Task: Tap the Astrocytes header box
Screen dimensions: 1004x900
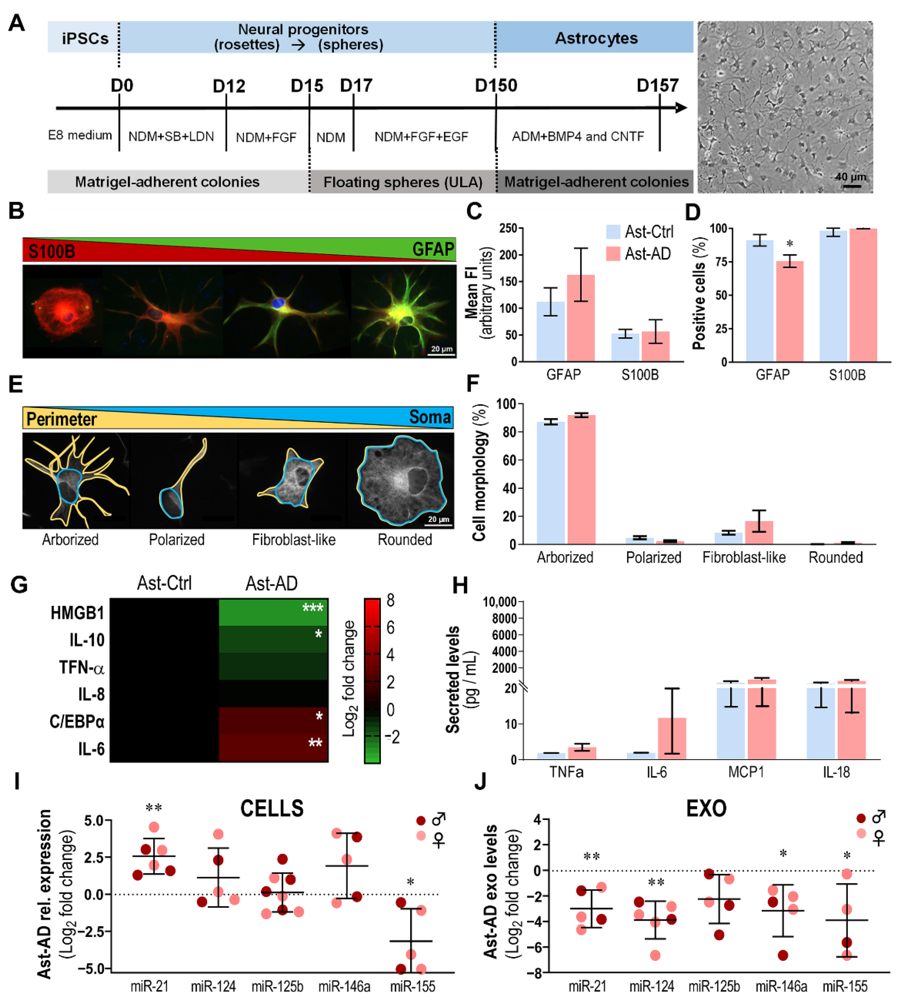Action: click(x=595, y=37)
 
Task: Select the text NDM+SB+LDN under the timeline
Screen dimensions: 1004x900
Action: click(x=171, y=136)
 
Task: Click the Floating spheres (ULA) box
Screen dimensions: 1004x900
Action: click(x=403, y=182)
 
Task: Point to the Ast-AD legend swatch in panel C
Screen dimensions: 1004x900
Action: click(x=613, y=254)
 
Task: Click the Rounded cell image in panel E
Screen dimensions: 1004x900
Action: click(x=401, y=480)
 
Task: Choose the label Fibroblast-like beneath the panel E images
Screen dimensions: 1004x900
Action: click(x=294, y=540)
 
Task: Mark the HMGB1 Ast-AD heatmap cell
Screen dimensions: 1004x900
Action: click(x=273, y=612)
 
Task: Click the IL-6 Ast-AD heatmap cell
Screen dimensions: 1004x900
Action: click(x=273, y=748)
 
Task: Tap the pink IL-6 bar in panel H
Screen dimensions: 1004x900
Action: click(x=672, y=738)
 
